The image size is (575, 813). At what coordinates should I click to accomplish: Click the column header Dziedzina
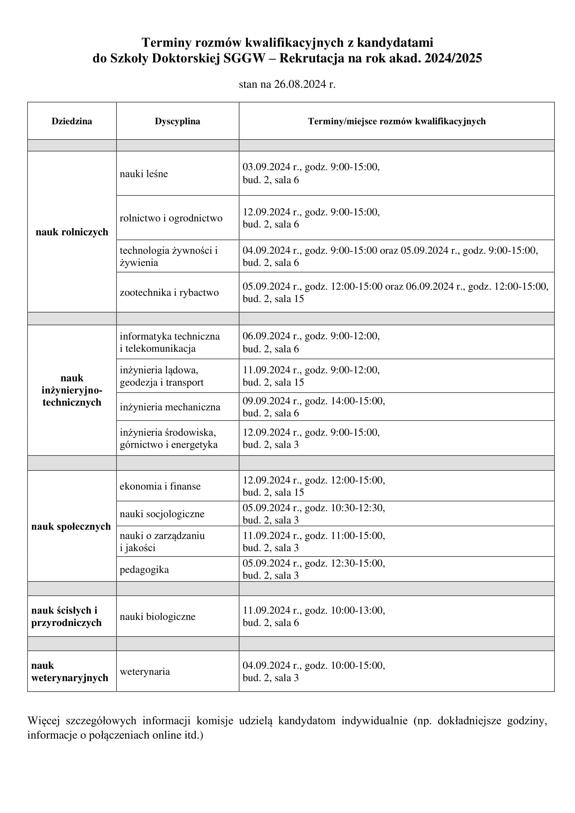tap(72, 121)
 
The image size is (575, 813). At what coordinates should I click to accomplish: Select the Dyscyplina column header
tap(177, 121)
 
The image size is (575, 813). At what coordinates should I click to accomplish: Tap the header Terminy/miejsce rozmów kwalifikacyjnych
tap(397, 121)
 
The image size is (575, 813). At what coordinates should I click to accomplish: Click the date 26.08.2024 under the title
tap(300, 84)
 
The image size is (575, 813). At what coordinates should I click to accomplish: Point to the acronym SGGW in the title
tap(244, 58)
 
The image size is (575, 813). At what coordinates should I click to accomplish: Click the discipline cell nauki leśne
tap(144, 174)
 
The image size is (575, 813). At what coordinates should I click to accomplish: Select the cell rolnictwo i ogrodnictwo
tap(171, 218)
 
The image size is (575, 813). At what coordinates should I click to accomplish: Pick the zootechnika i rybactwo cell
tap(169, 292)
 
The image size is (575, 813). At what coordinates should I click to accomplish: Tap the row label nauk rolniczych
tap(72, 232)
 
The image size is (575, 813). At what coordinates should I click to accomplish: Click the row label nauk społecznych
tap(71, 527)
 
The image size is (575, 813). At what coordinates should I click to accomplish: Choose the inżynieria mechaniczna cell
tap(170, 407)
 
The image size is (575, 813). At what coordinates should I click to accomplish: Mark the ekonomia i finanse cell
tap(160, 486)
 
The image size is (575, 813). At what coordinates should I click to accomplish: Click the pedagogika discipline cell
tap(144, 569)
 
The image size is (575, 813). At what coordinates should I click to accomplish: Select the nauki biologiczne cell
tap(157, 617)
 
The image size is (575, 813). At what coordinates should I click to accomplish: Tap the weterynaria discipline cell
tap(145, 672)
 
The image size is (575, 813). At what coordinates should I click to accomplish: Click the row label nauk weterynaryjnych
tap(70, 672)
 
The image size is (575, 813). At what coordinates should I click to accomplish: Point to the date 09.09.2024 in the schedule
tap(266, 401)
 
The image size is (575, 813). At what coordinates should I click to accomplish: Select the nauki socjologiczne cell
tap(162, 514)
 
